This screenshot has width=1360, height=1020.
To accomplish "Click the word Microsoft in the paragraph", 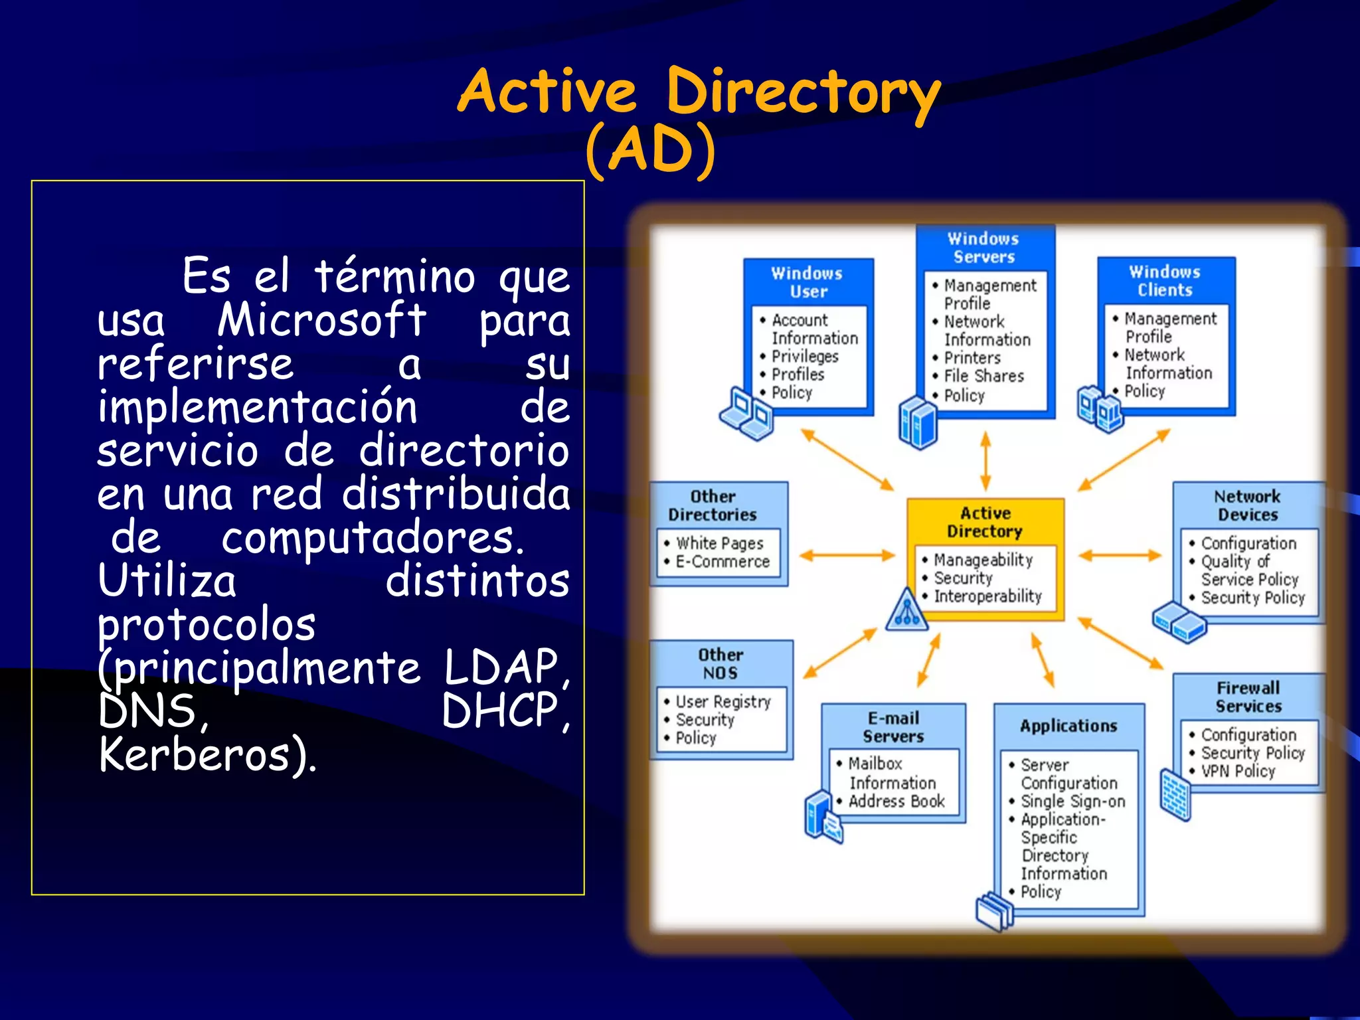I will [321, 320].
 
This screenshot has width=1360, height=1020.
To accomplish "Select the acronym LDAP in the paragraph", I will [501, 667].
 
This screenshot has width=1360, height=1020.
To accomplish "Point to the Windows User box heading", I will [807, 282].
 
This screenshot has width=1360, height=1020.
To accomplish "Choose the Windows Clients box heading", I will [1165, 281].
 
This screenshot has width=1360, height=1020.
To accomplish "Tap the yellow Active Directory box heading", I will [985, 522].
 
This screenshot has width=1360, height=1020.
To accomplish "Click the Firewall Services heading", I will [1248, 697].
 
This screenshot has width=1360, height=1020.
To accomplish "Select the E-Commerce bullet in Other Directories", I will [722, 562].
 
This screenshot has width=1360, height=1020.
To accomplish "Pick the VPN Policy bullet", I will [1238, 771].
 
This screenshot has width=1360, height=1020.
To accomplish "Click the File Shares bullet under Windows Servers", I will [983, 376].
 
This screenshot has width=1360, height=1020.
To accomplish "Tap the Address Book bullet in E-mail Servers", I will [896, 801].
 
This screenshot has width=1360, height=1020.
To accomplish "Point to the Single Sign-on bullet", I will [1072, 802].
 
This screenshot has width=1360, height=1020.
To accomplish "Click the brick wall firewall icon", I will [1175, 794].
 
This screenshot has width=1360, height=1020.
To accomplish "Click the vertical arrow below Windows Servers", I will [985, 461].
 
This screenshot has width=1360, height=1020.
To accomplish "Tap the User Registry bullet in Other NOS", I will [722, 701].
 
